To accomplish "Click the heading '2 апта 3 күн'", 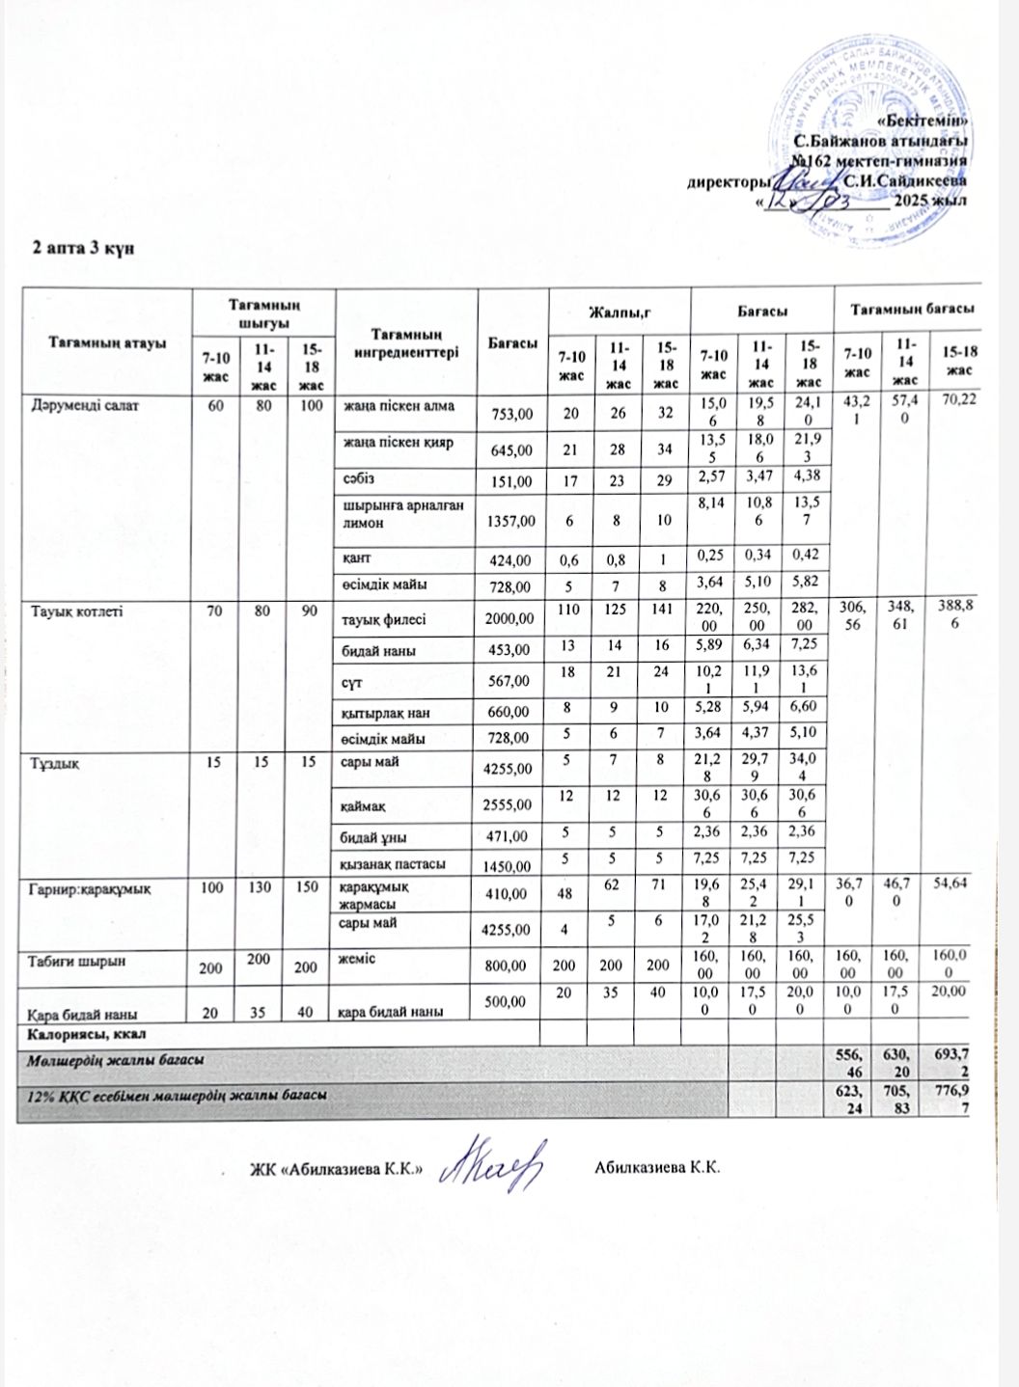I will tap(82, 247).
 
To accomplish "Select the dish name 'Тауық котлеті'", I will tap(77, 611).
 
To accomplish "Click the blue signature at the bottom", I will tap(491, 1168).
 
